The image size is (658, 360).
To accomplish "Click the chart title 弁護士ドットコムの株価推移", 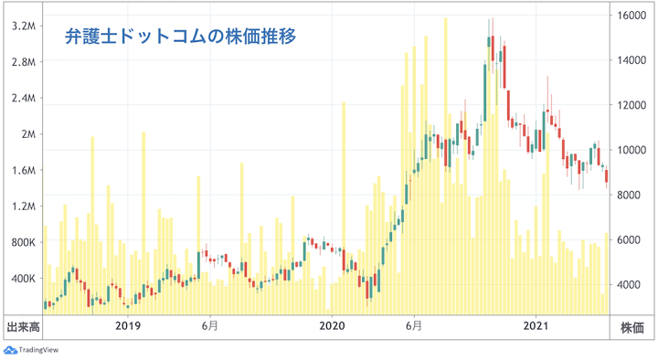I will click(x=180, y=37).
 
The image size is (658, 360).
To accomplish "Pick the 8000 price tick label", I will click(x=630, y=195).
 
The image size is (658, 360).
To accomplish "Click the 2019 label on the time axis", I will click(x=127, y=325).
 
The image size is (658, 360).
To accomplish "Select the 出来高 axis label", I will click(x=22, y=326).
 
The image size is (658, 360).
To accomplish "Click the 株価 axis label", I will click(x=632, y=326).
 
